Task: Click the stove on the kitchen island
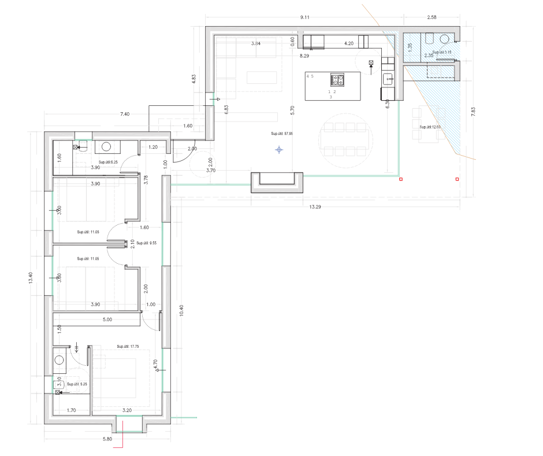coord(337,80)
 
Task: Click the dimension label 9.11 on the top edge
coord(305,18)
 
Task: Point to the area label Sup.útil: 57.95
coord(282,134)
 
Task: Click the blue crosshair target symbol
coord(279,150)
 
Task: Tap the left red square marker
coord(401,180)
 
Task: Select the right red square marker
coord(457,179)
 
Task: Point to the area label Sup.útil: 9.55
coord(149,244)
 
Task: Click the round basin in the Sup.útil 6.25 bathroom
coord(106,147)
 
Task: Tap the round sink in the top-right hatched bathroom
coord(445,39)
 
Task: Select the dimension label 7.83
coord(473,112)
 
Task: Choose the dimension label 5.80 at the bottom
coord(107,439)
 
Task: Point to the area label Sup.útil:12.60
coord(430,127)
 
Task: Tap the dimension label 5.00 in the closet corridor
coord(107,319)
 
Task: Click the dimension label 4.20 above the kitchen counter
coord(349,43)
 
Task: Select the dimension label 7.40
coord(125,115)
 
